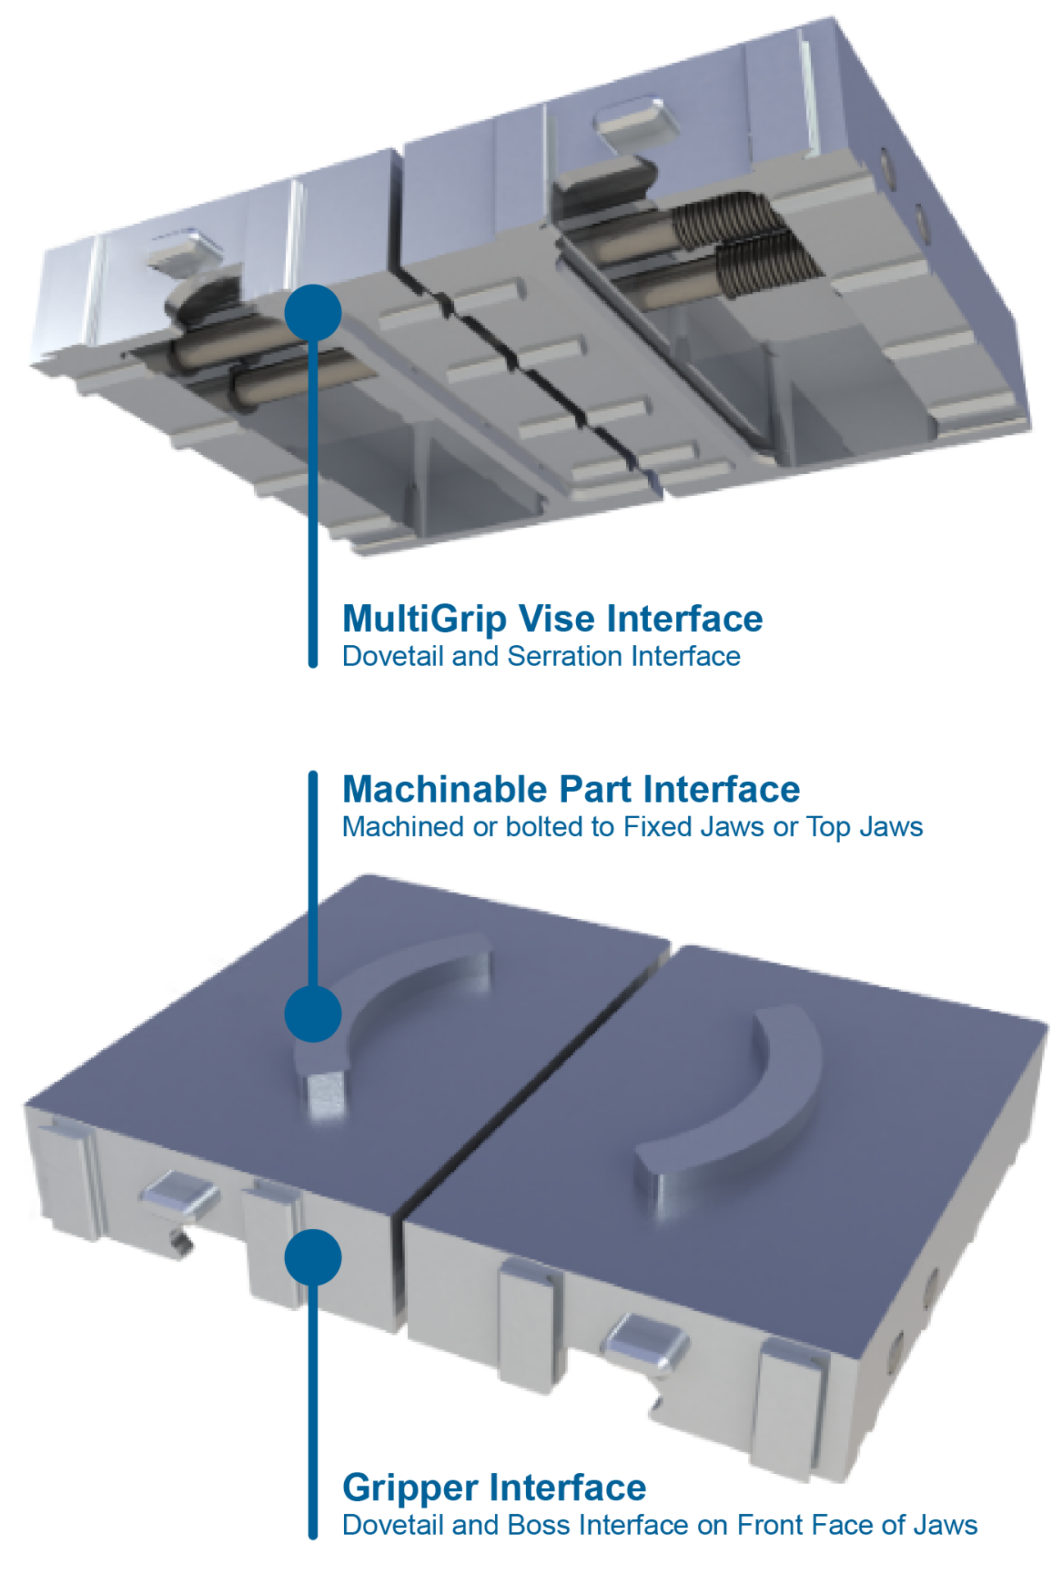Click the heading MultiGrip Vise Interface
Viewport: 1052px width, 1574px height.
click(x=553, y=619)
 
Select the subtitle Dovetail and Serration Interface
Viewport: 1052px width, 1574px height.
click(x=542, y=656)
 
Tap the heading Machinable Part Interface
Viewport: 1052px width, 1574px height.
click(x=571, y=789)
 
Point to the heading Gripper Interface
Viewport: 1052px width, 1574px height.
click(x=494, y=1488)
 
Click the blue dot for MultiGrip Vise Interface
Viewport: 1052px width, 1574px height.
click(x=313, y=313)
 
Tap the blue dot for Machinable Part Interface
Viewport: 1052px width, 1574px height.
click(x=313, y=1014)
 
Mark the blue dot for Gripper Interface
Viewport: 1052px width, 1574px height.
click(x=313, y=1258)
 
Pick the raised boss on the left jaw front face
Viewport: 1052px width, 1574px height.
click(x=178, y=1192)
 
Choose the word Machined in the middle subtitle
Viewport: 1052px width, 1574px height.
click(x=403, y=826)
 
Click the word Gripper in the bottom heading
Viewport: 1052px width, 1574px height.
click(x=410, y=1489)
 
